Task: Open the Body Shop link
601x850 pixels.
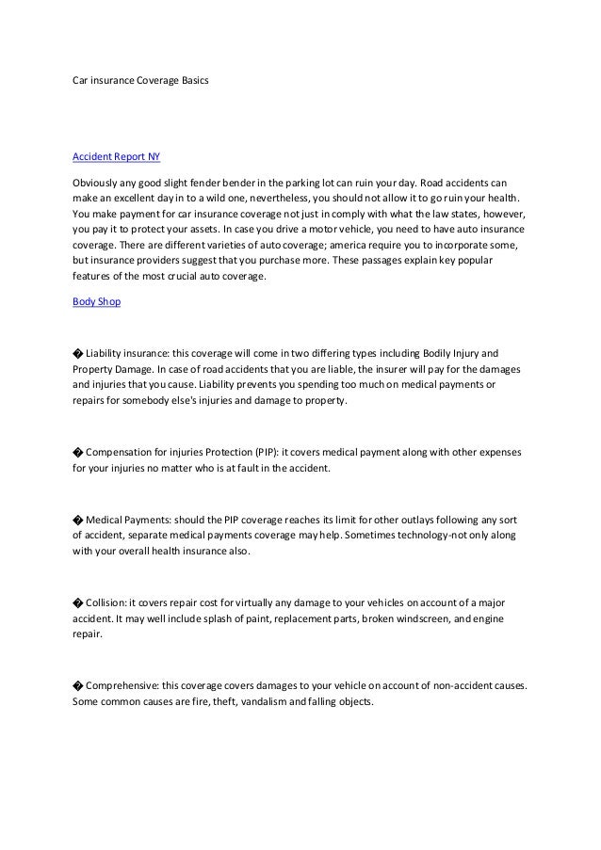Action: click(96, 303)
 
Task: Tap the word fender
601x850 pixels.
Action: click(208, 181)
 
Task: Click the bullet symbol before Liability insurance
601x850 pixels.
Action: click(77, 352)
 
